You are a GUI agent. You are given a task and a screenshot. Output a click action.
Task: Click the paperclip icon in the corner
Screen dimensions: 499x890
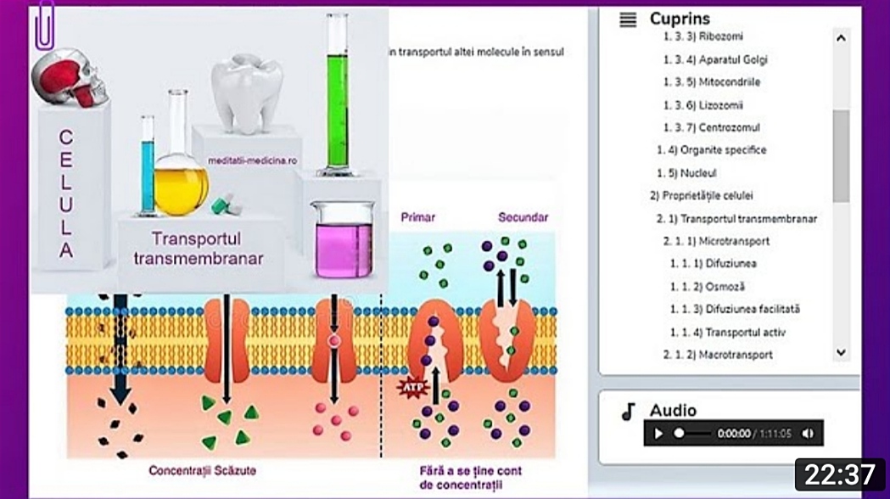43,26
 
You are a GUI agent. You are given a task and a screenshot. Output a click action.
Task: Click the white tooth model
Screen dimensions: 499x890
247,92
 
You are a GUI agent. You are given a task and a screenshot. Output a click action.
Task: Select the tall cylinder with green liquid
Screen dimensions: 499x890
339,93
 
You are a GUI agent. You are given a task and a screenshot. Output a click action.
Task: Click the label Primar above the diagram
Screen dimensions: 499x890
417,217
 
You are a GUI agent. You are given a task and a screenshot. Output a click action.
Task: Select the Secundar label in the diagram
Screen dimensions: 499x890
523,217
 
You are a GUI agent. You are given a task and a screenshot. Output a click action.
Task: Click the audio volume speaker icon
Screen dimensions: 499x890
807,434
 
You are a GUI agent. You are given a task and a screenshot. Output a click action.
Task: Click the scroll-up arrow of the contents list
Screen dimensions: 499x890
841,38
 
